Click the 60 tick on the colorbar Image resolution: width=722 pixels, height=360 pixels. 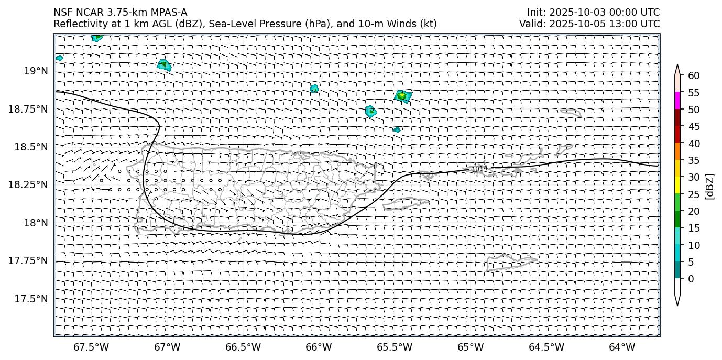693,76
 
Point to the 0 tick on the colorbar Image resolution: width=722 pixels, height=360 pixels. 691,279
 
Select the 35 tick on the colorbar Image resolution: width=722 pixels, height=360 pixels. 693,160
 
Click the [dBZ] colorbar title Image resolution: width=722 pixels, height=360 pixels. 710,186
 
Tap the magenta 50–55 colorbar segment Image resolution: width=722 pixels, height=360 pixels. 677,101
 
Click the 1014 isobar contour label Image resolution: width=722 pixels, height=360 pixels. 479,168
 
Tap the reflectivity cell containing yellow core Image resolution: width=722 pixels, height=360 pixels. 402,96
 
